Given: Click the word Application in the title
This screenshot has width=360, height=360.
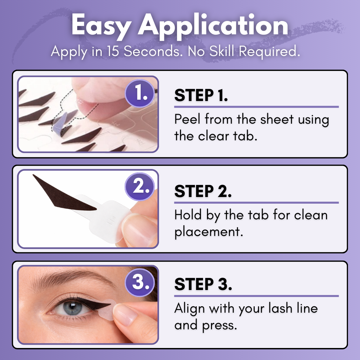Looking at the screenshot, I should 213,26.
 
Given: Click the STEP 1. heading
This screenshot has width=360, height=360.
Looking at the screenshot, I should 201,95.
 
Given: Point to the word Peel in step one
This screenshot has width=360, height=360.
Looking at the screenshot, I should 188,119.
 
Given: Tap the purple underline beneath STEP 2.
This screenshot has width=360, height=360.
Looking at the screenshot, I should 256,202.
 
